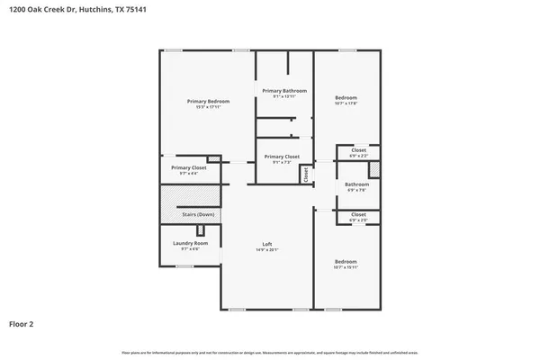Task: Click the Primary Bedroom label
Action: [x=208, y=101]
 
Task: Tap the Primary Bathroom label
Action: [x=284, y=91]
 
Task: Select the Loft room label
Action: [x=267, y=245]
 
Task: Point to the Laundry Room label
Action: [x=190, y=243]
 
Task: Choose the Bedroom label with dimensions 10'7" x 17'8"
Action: [x=346, y=97]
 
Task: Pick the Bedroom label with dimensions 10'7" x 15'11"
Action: [x=346, y=261]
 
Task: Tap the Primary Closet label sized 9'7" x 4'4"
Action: [x=189, y=167]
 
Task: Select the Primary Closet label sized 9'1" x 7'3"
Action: [x=282, y=157]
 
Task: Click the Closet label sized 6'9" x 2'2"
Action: [x=358, y=149]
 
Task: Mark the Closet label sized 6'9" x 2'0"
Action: [x=358, y=214]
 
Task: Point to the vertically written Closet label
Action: [x=306, y=175]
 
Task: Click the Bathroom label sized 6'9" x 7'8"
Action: [x=357, y=184]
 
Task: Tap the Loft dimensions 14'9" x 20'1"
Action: [x=267, y=250]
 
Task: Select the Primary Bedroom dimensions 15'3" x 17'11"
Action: [x=208, y=107]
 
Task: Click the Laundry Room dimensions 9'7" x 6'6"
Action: [x=190, y=249]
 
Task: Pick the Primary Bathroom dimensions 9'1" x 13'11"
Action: [x=284, y=96]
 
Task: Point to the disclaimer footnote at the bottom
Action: [x=270, y=351]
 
